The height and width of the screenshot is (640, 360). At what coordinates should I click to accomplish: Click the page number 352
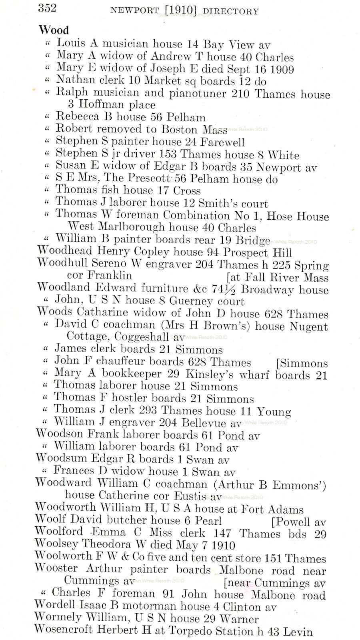coord(47,8)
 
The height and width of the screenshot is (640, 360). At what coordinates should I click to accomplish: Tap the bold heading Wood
coord(54,30)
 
